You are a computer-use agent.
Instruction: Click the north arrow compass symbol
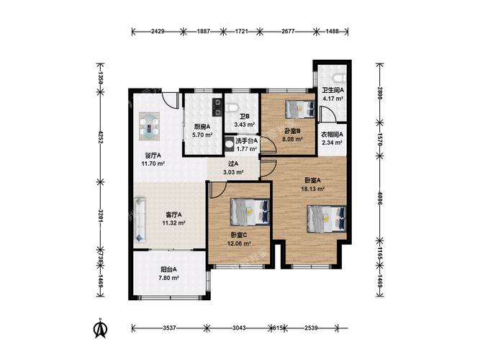[100, 328]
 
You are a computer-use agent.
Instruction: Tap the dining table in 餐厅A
[150, 126]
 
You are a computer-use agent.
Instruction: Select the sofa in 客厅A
[140, 220]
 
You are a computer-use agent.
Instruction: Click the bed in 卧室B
[300, 109]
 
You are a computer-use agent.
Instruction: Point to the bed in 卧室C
[250, 212]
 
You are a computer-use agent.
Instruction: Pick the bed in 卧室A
[327, 218]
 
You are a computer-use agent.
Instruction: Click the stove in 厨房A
[217, 107]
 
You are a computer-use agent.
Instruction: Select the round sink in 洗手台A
[229, 144]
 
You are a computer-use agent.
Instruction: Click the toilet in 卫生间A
[340, 78]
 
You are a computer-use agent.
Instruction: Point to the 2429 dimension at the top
[158, 31]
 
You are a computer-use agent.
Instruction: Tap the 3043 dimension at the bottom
[239, 328]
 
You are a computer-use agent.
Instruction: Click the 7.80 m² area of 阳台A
[168, 278]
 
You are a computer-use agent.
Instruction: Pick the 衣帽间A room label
[332, 134]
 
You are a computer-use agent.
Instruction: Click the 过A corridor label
[233, 163]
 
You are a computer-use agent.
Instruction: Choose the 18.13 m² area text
[313, 189]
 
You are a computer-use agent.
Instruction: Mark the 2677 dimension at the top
[288, 31]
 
